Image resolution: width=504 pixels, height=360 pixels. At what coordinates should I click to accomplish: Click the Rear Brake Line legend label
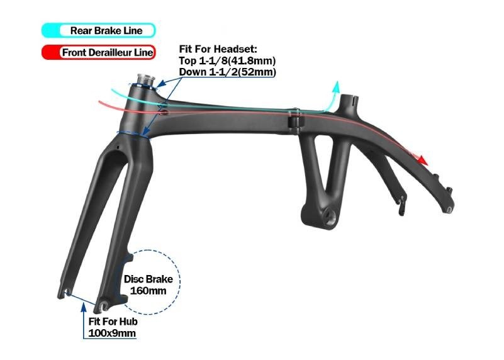[106, 31]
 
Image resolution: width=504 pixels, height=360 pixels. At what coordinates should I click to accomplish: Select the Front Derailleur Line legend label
[108, 52]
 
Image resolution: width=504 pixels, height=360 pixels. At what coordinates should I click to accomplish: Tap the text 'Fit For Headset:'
[218, 49]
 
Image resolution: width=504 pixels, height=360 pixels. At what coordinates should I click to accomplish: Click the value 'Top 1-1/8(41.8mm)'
[227, 60]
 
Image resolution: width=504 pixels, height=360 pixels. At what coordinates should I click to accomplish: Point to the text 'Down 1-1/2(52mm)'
[227, 72]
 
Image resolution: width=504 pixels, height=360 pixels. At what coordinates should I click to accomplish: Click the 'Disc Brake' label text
[148, 279]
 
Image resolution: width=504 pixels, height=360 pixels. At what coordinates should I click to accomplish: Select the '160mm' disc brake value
[148, 291]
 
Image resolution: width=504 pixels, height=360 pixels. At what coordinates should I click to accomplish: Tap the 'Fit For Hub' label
[113, 322]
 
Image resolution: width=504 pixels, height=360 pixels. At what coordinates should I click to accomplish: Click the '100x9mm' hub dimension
[112, 333]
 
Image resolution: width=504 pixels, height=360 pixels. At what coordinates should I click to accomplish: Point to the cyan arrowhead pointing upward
[336, 86]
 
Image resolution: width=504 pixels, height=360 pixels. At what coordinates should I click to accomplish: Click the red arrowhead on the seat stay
[422, 159]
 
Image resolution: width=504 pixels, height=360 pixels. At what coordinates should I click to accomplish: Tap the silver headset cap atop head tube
[146, 80]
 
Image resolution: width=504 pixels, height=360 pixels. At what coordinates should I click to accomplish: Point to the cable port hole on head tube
[164, 112]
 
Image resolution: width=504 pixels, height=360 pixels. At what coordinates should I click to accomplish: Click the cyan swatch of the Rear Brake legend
[50, 31]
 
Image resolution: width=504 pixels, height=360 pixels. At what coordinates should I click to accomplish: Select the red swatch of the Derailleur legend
[50, 52]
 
